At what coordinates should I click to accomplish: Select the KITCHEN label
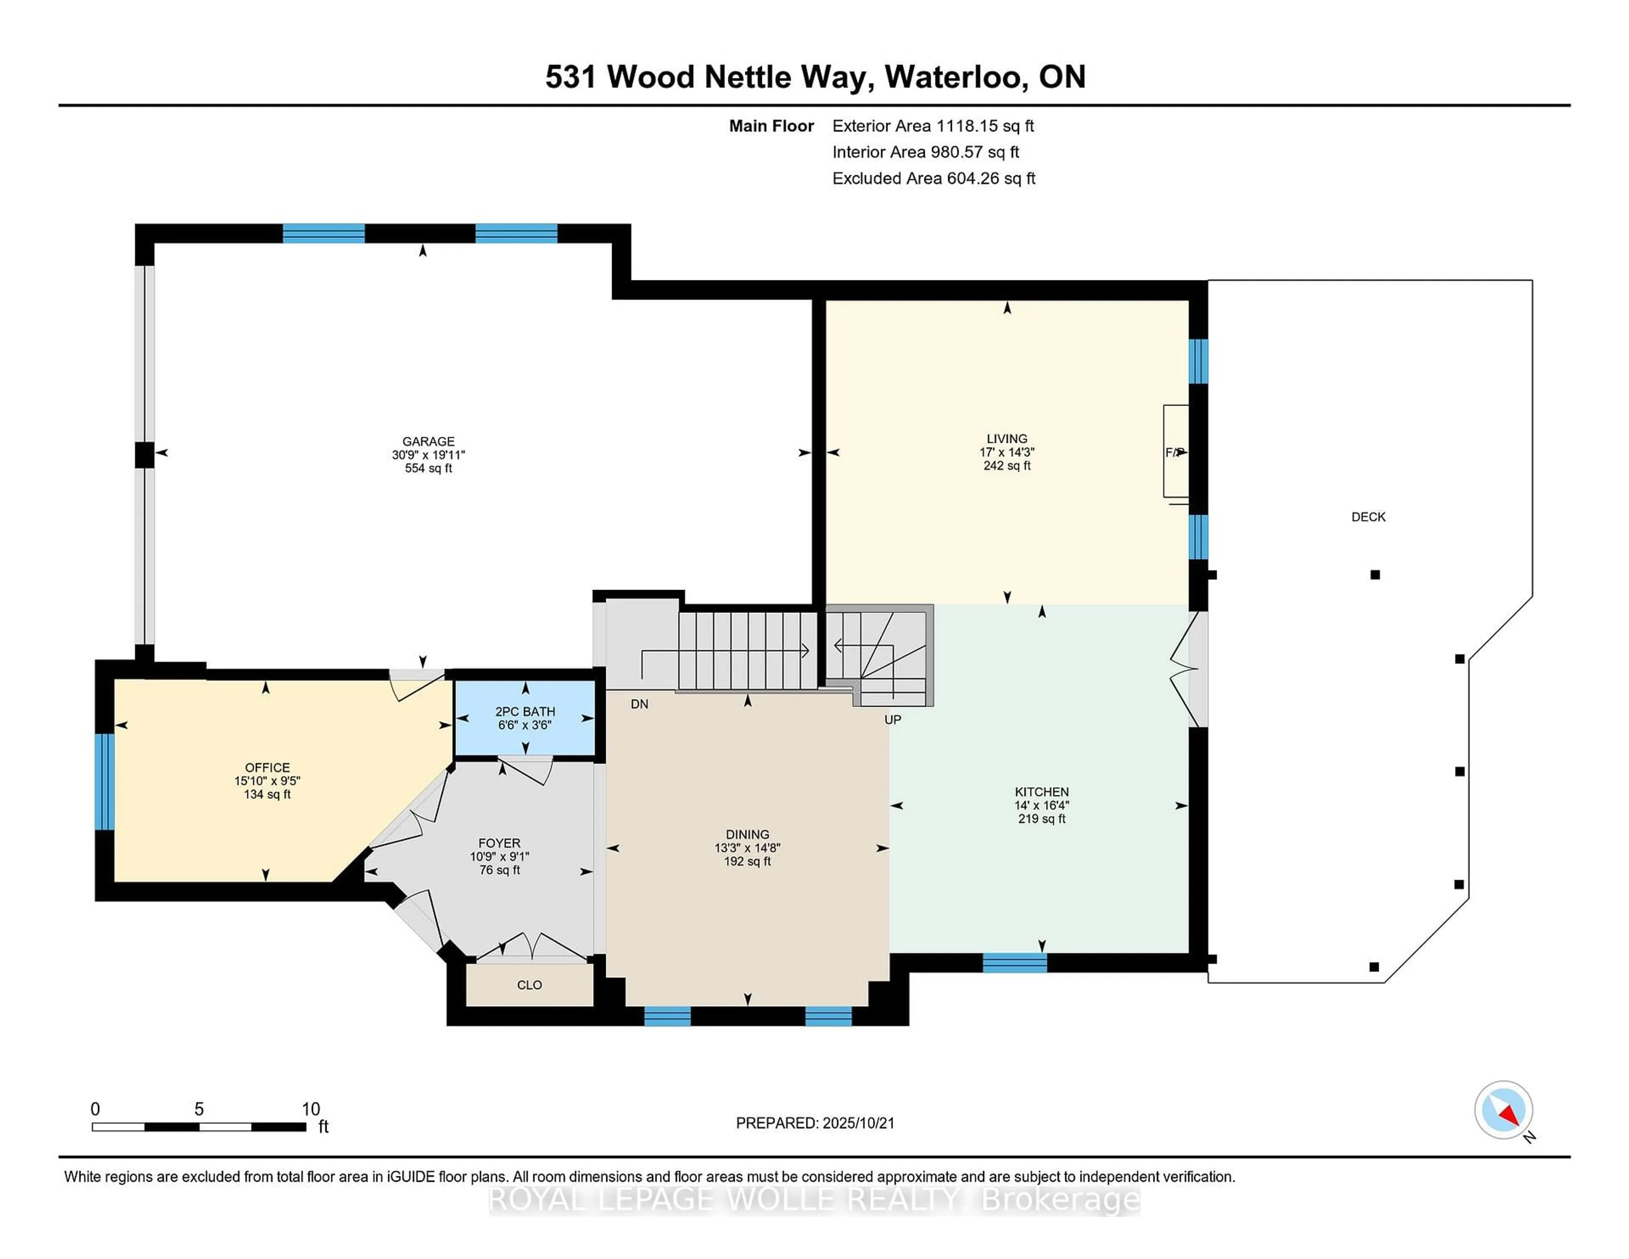pyautogui.click(x=1041, y=792)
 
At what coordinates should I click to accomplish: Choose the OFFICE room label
pyautogui.click(x=267, y=767)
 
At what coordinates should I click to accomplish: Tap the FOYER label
pyautogui.click(x=499, y=843)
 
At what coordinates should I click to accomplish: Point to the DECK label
pyautogui.click(x=1368, y=516)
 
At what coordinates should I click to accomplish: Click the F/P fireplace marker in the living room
pyautogui.click(x=1175, y=452)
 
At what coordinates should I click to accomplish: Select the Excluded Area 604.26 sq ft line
pyautogui.click(x=933, y=178)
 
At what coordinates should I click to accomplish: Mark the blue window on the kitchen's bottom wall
pyautogui.click(x=1014, y=963)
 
